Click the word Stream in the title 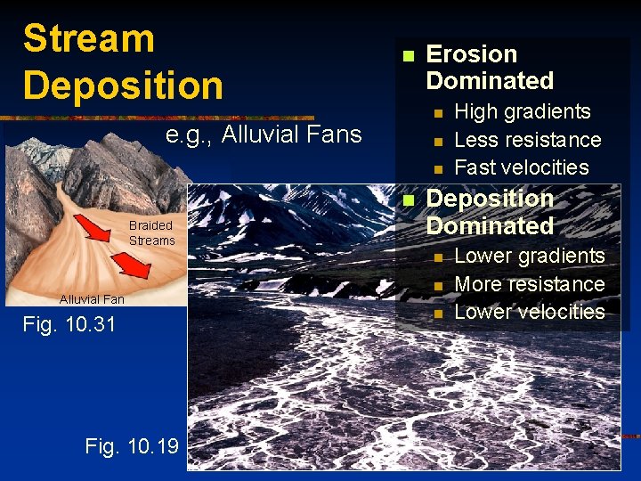(89, 39)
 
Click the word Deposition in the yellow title (123, 86)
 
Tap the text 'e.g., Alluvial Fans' (264, 135)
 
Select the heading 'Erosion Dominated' (490, 67)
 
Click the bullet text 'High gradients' (522, 111)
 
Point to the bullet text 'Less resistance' (527, 140)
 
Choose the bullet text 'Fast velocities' (521, 167)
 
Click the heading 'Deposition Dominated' (490, 212)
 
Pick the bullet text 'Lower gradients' (529, 256)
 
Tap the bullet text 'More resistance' (529, 284)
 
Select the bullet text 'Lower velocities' (529, 312)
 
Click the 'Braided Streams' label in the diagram (151, 233)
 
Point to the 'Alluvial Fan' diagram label (92, 299)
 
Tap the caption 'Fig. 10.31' (69, 325)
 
